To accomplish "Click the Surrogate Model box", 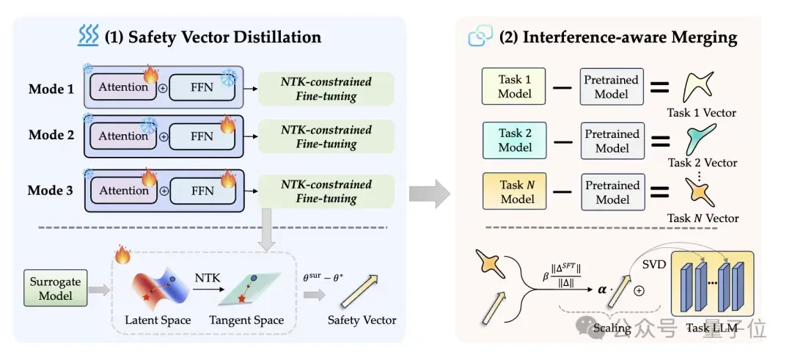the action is tap(55, 288).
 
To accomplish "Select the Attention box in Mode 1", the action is tap(123, 87).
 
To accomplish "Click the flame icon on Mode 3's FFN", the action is tap(228, 178).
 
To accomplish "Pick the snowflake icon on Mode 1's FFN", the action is tap(229, 77).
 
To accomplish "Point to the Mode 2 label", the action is tap(51, 135).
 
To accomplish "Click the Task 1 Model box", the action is tap(513, 87).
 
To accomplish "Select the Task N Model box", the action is tap(514, 191).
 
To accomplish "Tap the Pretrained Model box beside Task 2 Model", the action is tap(612, 141).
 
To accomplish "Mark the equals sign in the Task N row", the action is tap(659, 192).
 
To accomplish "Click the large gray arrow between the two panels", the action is tap(429, 193).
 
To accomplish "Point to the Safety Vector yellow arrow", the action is tap(359, 291).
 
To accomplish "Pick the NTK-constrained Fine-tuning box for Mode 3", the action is tap(326, 191).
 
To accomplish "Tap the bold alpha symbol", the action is tap(602, 290).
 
